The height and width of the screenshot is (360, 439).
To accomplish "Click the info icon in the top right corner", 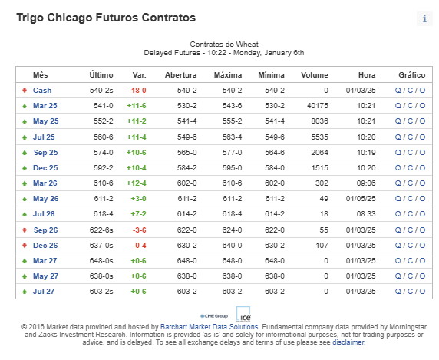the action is click(424, 18).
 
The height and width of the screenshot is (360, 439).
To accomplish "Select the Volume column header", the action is click(315, 75).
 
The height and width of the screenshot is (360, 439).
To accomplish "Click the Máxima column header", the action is click(228, 75).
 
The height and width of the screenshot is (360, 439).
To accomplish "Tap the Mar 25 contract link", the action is click(45, 106).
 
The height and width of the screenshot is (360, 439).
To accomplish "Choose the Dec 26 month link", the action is click(45, 246).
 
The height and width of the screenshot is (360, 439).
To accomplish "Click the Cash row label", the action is click(42, 91).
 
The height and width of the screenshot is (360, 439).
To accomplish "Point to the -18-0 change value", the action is click(137, 91).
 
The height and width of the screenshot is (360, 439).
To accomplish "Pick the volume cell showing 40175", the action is click(318, 106).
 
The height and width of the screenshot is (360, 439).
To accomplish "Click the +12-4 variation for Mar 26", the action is click(137, 183).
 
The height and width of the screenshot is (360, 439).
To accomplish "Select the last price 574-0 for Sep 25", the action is click(104, 153).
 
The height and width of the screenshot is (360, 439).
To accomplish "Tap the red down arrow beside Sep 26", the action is click(25, 230).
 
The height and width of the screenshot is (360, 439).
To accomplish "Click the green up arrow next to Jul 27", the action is click(25, 292).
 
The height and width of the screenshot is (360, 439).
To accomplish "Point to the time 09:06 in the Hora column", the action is click(366, 183).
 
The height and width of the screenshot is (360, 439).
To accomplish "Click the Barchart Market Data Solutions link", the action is click(210, 327).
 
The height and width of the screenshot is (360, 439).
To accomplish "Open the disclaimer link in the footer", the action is click(348, 342).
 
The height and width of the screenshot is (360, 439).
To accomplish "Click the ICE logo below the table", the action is click(243, 315).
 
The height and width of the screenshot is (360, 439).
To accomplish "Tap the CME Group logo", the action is click(214, 316).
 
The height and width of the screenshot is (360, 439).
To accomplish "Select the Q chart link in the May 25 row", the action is click(398, 121).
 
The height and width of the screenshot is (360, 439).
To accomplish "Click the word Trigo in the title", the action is click(30, 18).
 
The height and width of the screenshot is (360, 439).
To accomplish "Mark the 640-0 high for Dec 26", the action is click(232, 246).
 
